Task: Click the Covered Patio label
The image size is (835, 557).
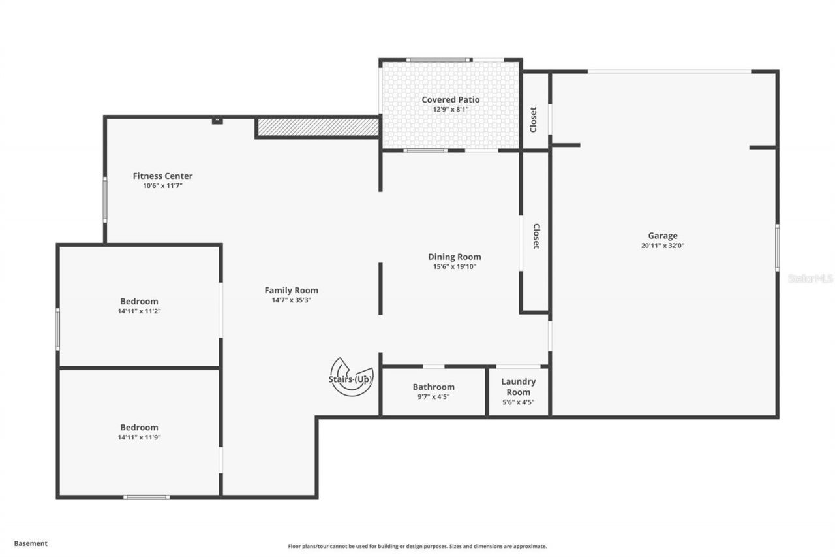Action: pyautogui.click(x=450, y=100)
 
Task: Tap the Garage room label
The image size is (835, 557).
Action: pyautogui.click(x=662, y=236)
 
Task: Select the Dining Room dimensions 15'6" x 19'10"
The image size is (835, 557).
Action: pyautogui.click(x=455, y=266)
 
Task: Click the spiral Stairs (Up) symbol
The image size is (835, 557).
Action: pyautogui.click(x=352, y=377)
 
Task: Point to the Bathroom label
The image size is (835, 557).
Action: pyautogui.click(x=433, y=387)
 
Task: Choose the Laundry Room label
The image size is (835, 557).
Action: pyautogui.click(x=518, y=387)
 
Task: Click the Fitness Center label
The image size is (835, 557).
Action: pyautogui.click(x=162, y=176)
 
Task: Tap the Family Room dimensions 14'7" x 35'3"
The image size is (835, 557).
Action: pyautogui.click(x=291, y=300)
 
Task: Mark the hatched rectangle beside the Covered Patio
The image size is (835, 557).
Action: pyautogui.click(x=318, y=127)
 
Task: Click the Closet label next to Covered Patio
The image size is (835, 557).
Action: pyautogui.click(x=534, y=119)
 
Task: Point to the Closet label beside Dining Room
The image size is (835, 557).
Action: pyautogui.click(x=536, y=236)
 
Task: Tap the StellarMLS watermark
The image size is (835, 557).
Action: pyautogui.click(x=810, y=278)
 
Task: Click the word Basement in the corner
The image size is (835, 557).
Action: pyautogui.click(x=31, y=543)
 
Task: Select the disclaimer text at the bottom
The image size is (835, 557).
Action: pyautogui.click(x=417, y=546)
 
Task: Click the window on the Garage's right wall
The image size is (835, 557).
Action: pyautogui.click(x=777, y=247)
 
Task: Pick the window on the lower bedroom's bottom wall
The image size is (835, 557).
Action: pyautogui.click(x=146, y=497)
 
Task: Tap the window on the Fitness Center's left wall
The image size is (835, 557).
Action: pyautogui.click(x=104, y=199)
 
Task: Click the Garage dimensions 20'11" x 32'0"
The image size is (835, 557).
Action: pyautogui.click(x=662, y=246)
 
